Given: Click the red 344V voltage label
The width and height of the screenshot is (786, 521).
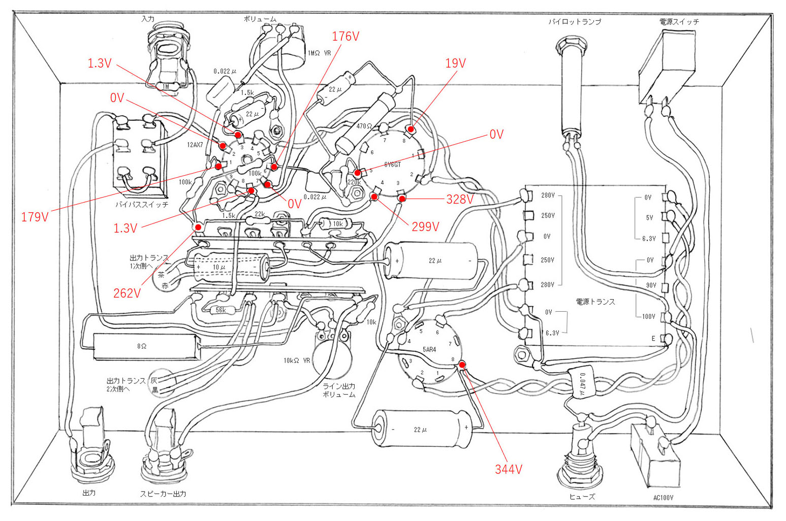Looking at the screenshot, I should pos(509,469).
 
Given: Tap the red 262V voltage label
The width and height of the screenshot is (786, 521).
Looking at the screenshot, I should pos(127,293).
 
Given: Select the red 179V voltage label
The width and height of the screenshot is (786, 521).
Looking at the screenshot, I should pos(35,217).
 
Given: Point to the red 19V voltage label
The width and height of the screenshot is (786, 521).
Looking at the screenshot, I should pos(455,63).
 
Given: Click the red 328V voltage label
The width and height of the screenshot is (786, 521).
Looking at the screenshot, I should pos(459,199).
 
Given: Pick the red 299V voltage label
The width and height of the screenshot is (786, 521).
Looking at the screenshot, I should pos(425,226).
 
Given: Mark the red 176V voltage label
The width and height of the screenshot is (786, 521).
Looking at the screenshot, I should pos(345,37).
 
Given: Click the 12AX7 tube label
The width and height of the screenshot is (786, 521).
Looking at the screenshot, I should pos(195,145).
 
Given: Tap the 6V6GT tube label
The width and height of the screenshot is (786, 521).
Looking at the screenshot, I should pos(392,165).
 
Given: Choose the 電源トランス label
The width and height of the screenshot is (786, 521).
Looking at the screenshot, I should pos(595,301).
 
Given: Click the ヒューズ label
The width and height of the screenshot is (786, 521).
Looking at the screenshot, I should pos(582,496).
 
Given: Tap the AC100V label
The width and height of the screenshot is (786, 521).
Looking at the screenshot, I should pos(663,497).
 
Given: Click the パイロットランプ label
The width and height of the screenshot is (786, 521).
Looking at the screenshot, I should pos(575,22).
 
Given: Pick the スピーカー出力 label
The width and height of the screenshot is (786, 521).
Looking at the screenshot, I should pos(163,494).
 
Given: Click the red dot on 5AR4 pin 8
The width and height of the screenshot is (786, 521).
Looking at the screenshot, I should pos(462,364).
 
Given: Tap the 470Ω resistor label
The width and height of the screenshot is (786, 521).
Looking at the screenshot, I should pos(364,126).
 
